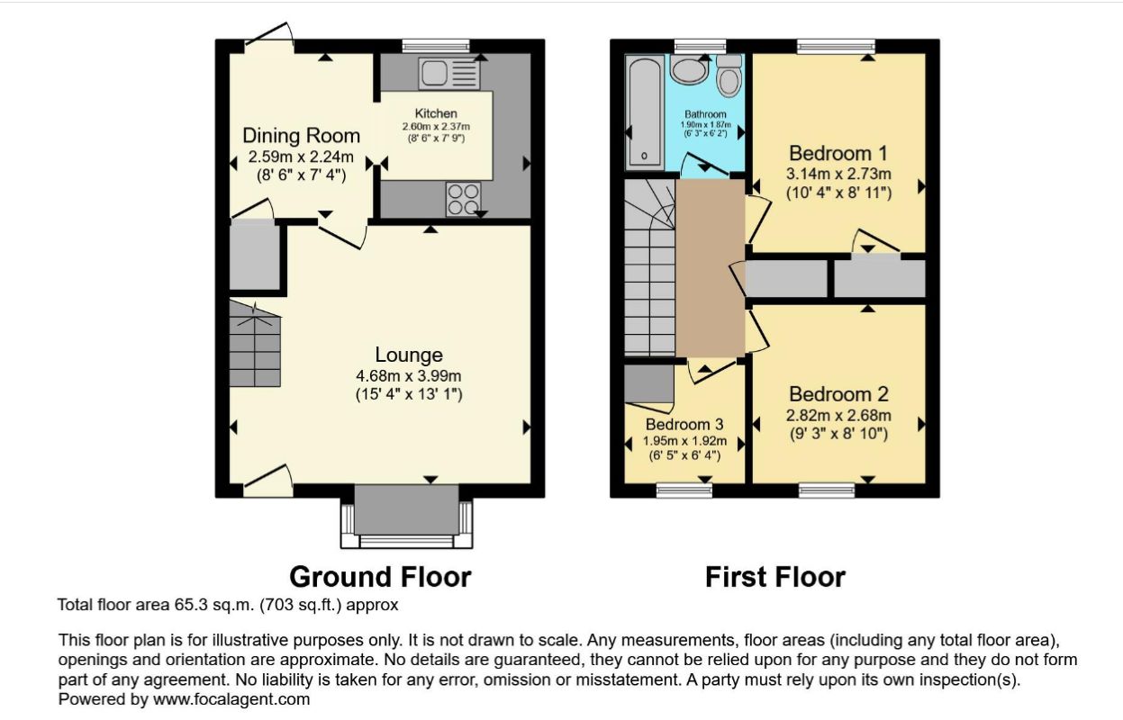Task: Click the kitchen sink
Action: pyautogui.click(x=449, y=73)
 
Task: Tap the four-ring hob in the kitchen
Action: pyautogui.click(x=463, y=199)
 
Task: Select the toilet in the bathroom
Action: pyautogui.click(x=729, y=76)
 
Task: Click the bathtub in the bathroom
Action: pyautogui.click(x=644, y=112)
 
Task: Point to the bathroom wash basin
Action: pyautogui.click(x=689, y=69)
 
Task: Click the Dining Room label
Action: pyautogui.click(x=302, y=136)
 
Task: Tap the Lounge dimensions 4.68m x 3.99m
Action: pyautogui.click(x=409, y=376)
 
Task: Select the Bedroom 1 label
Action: pyautogui.click(x=838, y=153)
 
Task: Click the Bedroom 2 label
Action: pyautogui.click(x=838, y=394)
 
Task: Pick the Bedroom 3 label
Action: pyautogui.click(x=684, y=425)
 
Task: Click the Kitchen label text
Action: pyautogui.click(x=436, y=113)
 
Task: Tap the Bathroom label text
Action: pyautogui.click(x=705, y=114)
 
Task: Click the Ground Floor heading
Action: pyautogui.click(x=380, y=577)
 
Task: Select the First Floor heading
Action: pyautogui.click(x=775, y=577)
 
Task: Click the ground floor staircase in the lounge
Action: pyautogui.click(x=255, y=344)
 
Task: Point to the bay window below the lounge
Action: pyautogui.click(x=406, y=516)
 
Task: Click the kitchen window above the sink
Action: pyautogui.click(x=436, y=46)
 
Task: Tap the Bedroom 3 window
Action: pyautogui.click(x=684, y=490)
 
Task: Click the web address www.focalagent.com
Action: pyautogui.click(x=231, y=699)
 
